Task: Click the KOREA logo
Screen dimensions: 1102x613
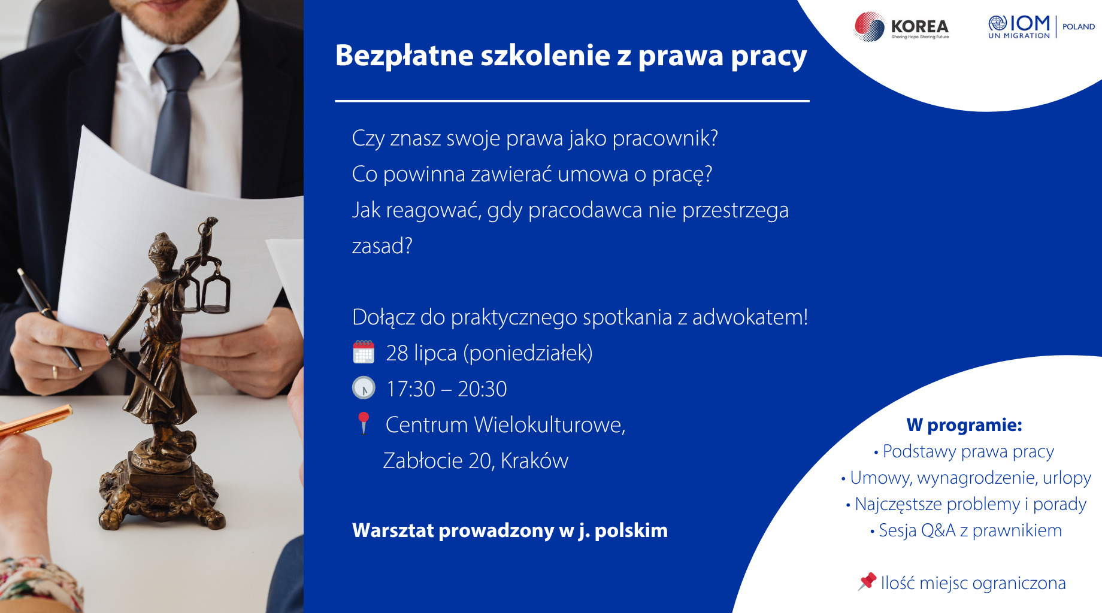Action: click(x=901, y=27)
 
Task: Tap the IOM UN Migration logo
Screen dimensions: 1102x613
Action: click(x=1019, y=27)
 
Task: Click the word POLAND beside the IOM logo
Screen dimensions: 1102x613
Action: click(x=1079, y=26)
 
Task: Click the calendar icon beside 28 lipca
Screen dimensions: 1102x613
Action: click(x=364, y=352)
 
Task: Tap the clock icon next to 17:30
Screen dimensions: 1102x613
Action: click(x=364, y=388)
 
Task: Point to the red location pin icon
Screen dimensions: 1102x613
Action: click(x=364, y=423)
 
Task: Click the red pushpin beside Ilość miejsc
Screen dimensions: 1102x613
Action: click(x=867, y=581)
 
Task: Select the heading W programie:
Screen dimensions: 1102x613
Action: click(x=964, y=424)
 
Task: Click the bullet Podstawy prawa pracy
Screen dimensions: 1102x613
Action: click(x=964, y=451)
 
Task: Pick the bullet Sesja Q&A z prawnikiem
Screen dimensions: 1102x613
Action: click(x=966, y=530)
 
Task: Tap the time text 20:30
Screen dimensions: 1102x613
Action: click(x=482, y=389)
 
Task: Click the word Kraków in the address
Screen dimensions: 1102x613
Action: click(x=534, y=461)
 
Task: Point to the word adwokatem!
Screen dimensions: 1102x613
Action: click(x=750, y=317)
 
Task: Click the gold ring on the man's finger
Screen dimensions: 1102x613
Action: click(x=55, y=372)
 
